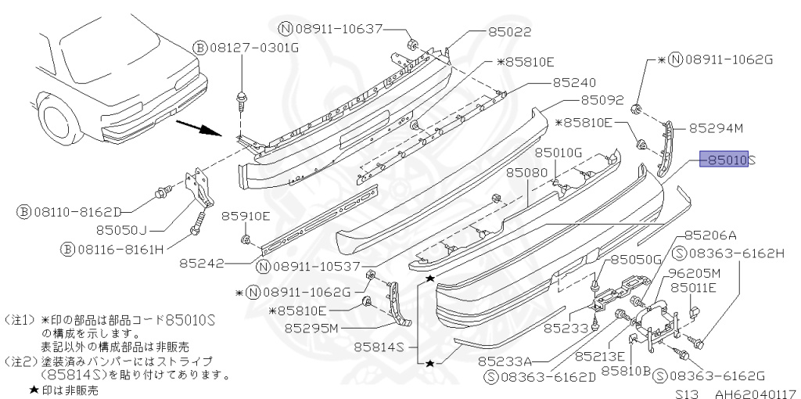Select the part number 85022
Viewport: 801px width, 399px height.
tap(510, 33)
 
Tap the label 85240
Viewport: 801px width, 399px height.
tap(574, 81)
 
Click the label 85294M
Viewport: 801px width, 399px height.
tap(715, 128)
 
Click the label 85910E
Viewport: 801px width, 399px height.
tap(245, 216)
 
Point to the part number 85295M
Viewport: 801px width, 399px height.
tap(311, 328)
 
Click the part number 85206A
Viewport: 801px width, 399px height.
tap(710, 235)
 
